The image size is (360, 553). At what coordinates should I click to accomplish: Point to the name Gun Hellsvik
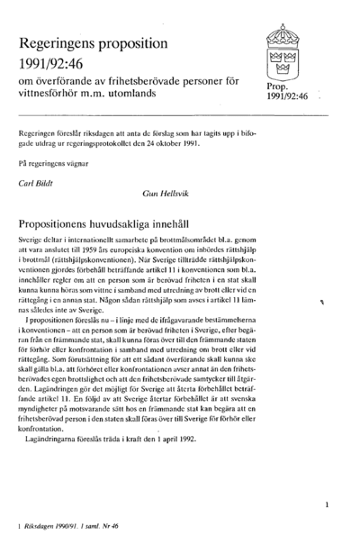click(x=166, y=194)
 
